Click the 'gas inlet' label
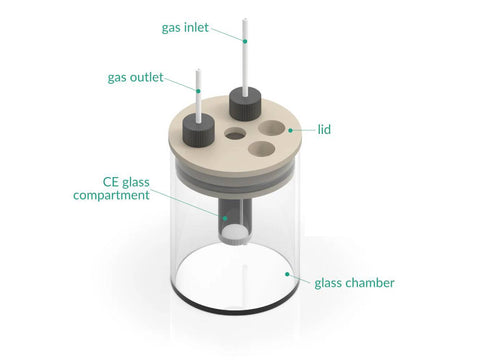click(185, 28)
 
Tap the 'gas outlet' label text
click(135, 78)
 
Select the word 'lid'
click(324, 129)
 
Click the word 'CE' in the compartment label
click(110, 182)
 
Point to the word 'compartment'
click(111, 195)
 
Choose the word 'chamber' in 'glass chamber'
click(370, 283)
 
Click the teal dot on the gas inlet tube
click(245, 41)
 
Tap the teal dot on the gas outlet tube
click(198, 91)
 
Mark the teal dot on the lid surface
click(290, 130)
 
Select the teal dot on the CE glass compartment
click(225, 218)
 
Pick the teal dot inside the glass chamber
click(287, 274)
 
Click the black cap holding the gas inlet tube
click(245, 104)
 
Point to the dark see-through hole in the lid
click(235, 134)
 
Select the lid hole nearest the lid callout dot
click(272, 128)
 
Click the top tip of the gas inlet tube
click(245, 19)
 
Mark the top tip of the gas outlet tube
click(198, 70)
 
